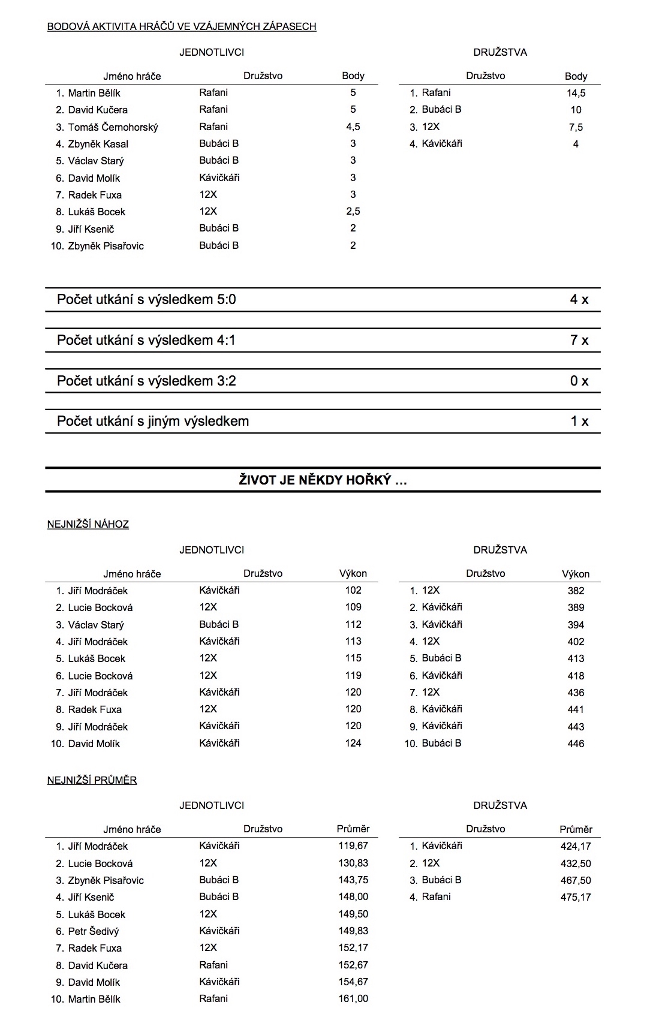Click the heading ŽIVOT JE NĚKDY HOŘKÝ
tap(323, 480)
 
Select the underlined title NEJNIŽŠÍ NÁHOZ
tap(88, 524)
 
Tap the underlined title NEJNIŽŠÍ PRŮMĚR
tap(92, 780)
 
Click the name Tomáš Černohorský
tap(113, 127)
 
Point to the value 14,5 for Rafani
tap(576, 93)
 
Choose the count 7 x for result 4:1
tap(579, 340)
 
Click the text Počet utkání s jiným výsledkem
tap(153, 421)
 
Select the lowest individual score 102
tap(353, 590)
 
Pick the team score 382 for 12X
tap(576, 591)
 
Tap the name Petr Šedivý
tap(94, 931)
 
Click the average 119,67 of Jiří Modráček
tap(353, 846)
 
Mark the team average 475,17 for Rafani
tap(576, 897)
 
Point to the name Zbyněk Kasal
tap(98, 144)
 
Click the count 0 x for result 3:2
tap(579, 381)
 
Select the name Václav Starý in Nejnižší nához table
tap(96, 625)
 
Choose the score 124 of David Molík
tap(353, 743)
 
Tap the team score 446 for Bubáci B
tap(576, 744)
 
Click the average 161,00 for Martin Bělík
tap(353, 998)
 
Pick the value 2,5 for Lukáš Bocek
tap(353, 211)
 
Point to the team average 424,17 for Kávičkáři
tap(576, 846)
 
